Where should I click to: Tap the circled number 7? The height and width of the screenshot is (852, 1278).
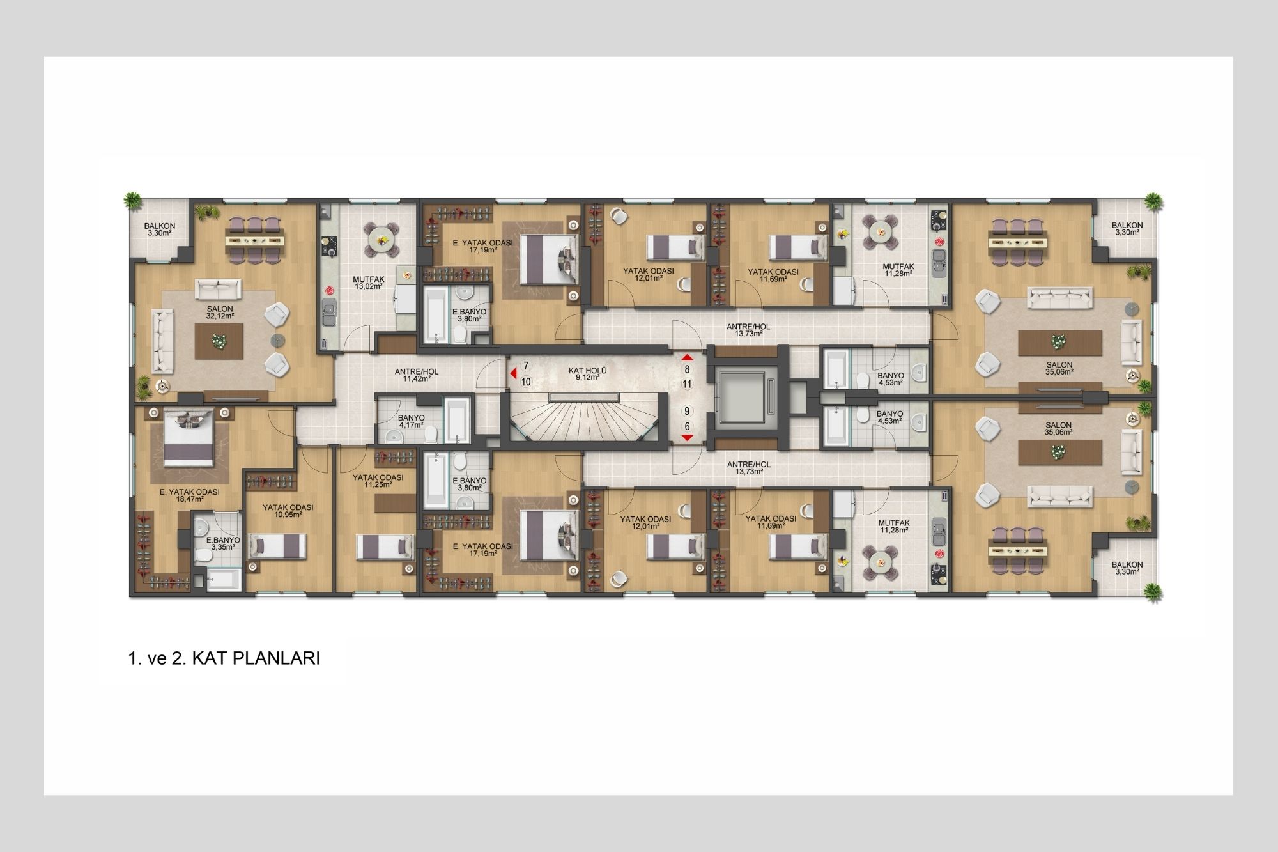pyautogui.click(x=526, y=366)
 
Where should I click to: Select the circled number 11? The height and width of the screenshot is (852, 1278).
pyautogui.click(x=688, y=384)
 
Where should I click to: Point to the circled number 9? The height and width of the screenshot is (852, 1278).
pyautogui.click(x=688, y=412)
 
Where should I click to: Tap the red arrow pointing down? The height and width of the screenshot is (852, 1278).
pyautogui.click(x=688, y=438)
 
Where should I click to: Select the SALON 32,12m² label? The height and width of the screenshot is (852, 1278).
pyautogui.click(x=219, y=312)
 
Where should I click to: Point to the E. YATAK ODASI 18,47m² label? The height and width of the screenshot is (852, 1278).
pyautogui.click(x=190, y=496)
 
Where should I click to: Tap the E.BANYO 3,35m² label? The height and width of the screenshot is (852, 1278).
pyautogui.click(x=222, y=544)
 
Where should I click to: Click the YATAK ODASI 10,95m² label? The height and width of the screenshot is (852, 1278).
pyautogui.click(x=288, y=511)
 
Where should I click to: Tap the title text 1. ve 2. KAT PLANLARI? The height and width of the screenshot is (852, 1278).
pyautogui.click(x=224, y=659)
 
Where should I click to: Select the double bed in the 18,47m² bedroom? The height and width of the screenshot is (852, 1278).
pyautogui.click(x=189, y=440)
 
